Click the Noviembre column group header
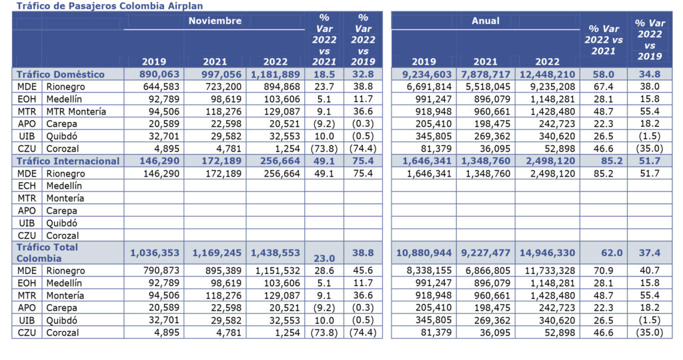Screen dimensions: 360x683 click(x=215, y=21)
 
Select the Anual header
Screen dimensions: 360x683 click(x=485, y=21)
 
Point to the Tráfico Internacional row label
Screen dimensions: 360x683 click(x=68, y=161)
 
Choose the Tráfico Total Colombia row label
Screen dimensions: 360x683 click(x=47, y=253)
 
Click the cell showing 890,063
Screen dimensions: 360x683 click(x=159, y=74)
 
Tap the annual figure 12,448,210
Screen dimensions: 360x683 click(x=546, y=74)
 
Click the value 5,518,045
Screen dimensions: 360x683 click(x=486, y=87)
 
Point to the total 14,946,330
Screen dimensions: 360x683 click(x=546, y=253)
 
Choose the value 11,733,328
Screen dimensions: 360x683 click(x=547, y=271)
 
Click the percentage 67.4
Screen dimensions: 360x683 click(x=603, y=87)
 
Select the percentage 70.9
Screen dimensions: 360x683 click(x=603, y=271)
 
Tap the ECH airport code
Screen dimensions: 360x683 click(x=26, y=185)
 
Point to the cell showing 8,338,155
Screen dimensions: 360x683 click(x=424, y=271)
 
